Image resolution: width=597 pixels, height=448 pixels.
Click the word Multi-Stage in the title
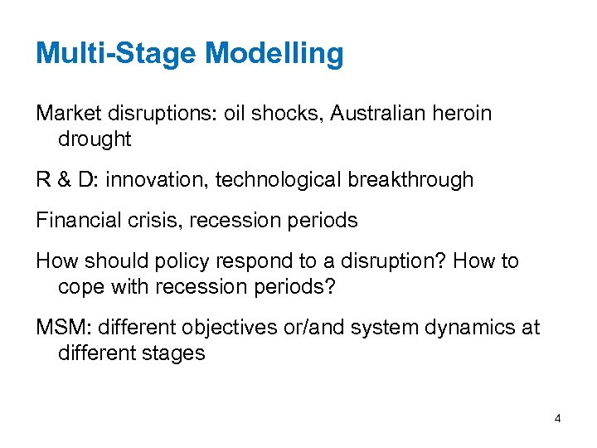point(116,54)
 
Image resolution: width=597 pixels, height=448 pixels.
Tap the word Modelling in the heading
point(274,54)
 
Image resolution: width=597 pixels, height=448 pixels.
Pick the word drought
point(95,139)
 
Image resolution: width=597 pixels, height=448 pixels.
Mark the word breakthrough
point(411,179)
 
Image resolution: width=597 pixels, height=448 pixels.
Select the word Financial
point(73,220)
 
